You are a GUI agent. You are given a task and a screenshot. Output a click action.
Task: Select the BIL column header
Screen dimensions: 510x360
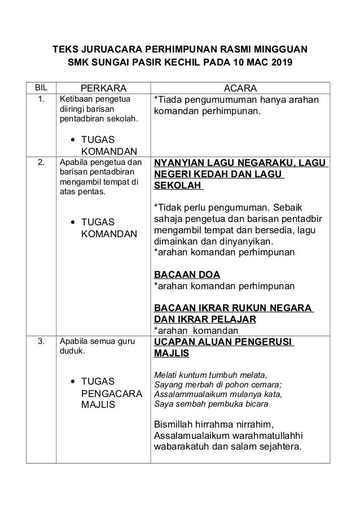pyautogui.click(x=41, y=88)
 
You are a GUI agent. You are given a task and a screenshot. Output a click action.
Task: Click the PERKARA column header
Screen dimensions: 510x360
pyautogui.click(x=103, y=89)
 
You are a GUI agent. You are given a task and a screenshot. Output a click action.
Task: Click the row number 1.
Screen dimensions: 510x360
pyautogui.click(x=41, y=100)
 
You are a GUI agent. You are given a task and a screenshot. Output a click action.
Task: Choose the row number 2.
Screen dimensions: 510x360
pyautogui.click(x=41, y=163)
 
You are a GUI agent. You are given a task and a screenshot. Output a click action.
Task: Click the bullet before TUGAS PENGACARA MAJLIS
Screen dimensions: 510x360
pyautogui.click(x=74, y=382)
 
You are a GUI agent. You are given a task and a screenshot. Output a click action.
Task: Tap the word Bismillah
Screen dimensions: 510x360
pyautogui.click(x=175, y=424)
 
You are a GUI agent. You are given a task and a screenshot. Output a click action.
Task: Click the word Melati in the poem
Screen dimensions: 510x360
pyautogui.click(x=167, y=374)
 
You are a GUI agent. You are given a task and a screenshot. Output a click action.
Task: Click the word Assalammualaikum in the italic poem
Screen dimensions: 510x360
pyautogui.click(x=188, y=394)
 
